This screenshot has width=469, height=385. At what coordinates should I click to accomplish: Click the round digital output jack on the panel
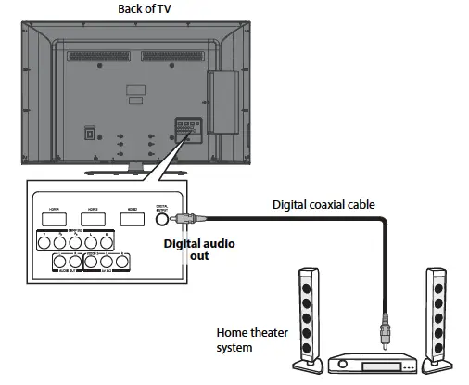(162, 219)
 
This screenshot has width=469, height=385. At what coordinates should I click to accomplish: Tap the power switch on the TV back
(90, 132)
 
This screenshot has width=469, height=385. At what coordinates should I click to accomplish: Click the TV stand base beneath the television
(135, 171)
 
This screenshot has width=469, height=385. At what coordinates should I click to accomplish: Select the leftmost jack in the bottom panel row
(58, 262)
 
